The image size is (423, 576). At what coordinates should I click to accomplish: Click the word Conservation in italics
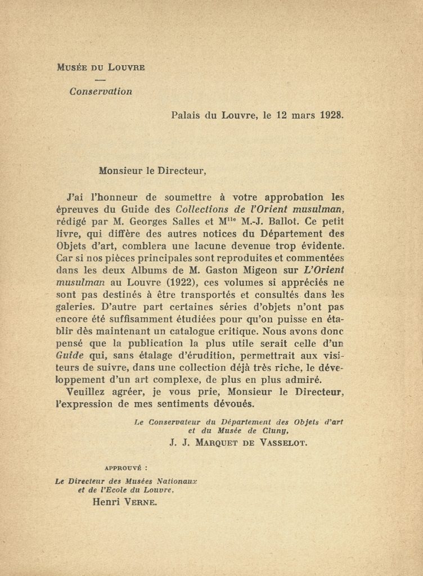click(x=101, y=91)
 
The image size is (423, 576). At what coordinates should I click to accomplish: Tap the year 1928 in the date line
click(x=331, y=116)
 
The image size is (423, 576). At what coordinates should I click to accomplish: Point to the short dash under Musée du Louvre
click(x=101, y=79)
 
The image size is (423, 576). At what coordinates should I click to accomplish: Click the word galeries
click(x=76, y=308)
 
